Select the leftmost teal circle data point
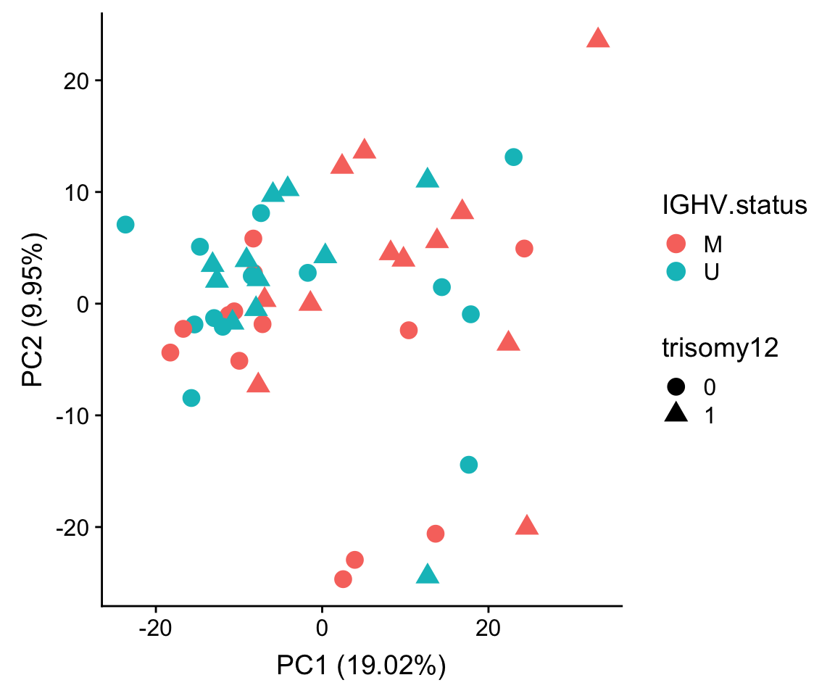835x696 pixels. (x=125, y=225)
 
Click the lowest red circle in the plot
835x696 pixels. (x=344, y=579)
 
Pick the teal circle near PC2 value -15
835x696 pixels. (x=469, y=465)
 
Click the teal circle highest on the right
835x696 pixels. (x=514, y=157)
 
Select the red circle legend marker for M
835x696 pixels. (x=676, y=244)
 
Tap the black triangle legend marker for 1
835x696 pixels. (x=676, y=414)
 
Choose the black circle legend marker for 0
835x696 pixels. (x=676, y=386)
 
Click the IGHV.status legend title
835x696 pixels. (x=734, y=206)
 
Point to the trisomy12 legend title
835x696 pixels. (x=720, y=349)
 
